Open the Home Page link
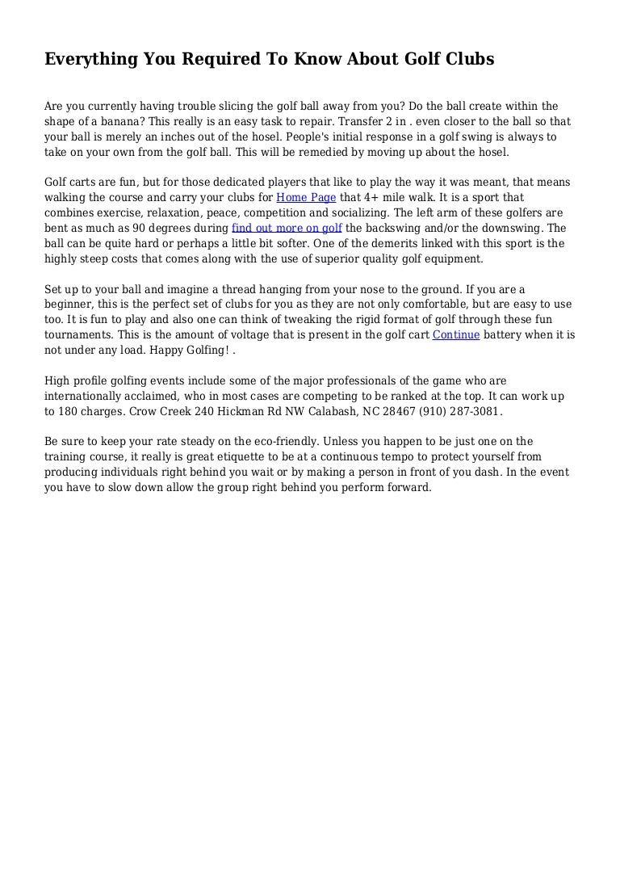[307, 197]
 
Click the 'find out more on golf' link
[287, 228]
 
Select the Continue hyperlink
[456, 335]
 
